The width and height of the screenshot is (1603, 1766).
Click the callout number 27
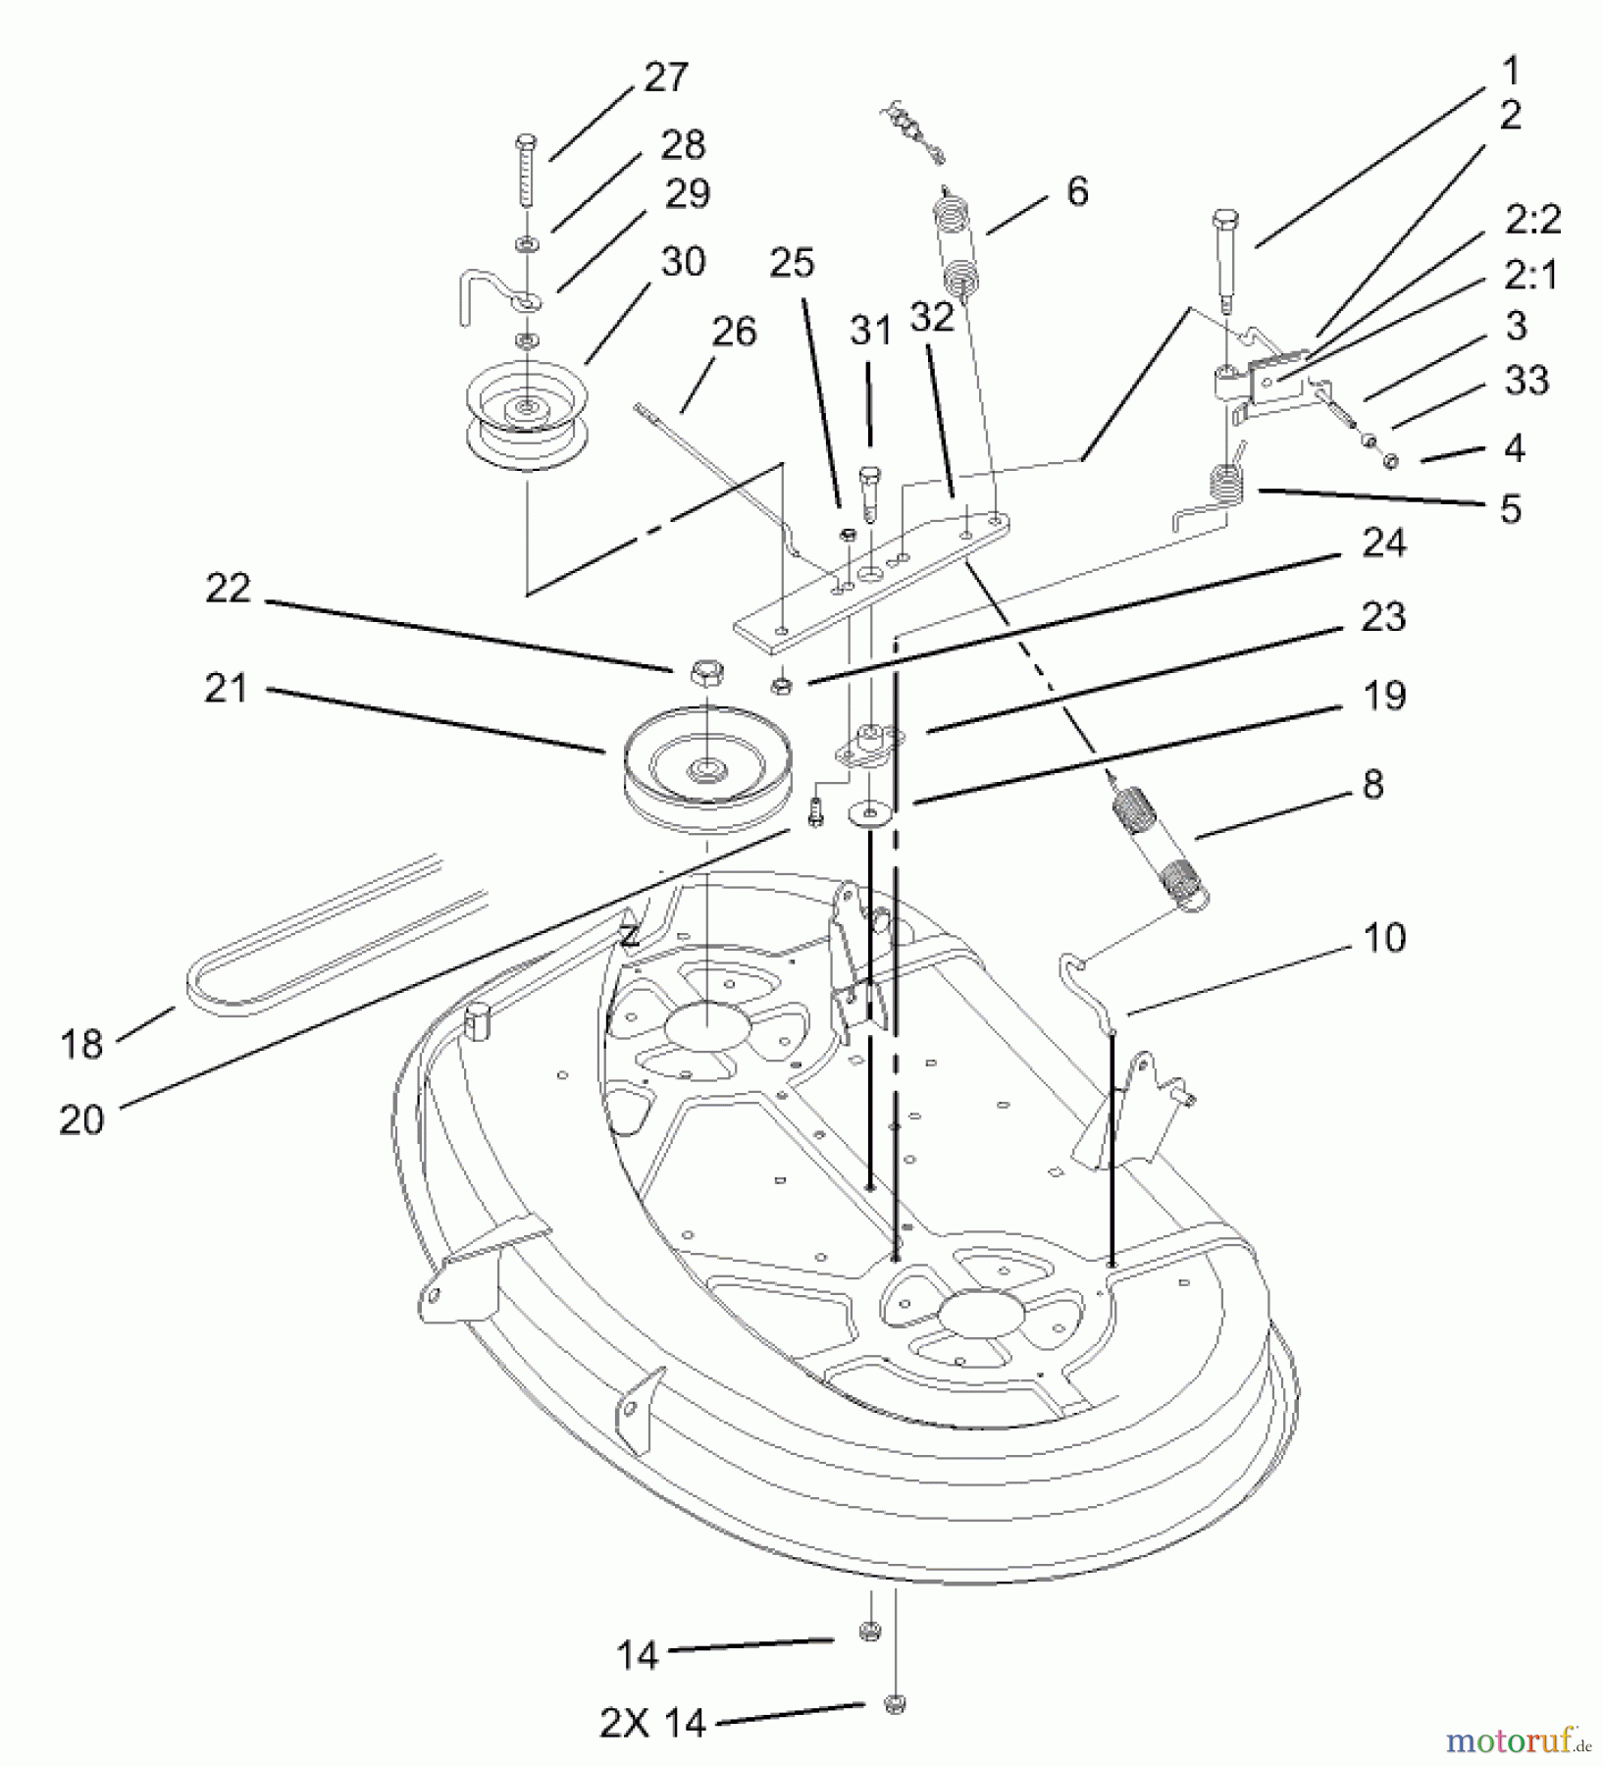pos(665,78)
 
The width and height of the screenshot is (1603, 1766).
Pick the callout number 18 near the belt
pos(81,1044)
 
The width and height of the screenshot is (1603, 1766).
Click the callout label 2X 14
pos(651,1722)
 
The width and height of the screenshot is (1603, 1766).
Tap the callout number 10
pos(1384,938)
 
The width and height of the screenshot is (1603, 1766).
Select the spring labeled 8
pos(1160,844)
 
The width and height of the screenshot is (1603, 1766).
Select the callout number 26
pos(734,332)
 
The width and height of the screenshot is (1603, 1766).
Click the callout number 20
pos(81,1119)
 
